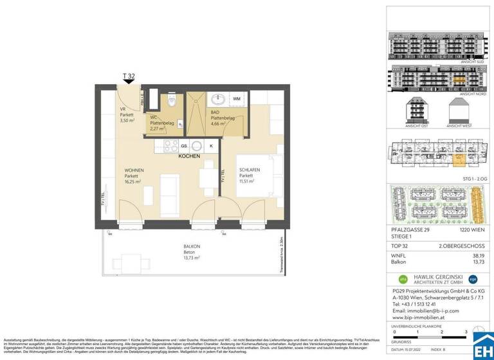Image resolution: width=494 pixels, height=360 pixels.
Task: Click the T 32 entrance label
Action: pos(129,76)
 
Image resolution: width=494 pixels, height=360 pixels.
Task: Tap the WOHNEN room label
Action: pos(134,170)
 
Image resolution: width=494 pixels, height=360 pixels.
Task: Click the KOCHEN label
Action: pos(189,156)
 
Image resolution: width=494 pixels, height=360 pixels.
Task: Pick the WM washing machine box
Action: pos(237,99)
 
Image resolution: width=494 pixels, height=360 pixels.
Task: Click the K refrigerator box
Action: pos(210,147)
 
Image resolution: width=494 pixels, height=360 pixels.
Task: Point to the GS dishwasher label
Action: pos(185,147)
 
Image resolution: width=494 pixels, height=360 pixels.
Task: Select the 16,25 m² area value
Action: pos(134,182)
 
